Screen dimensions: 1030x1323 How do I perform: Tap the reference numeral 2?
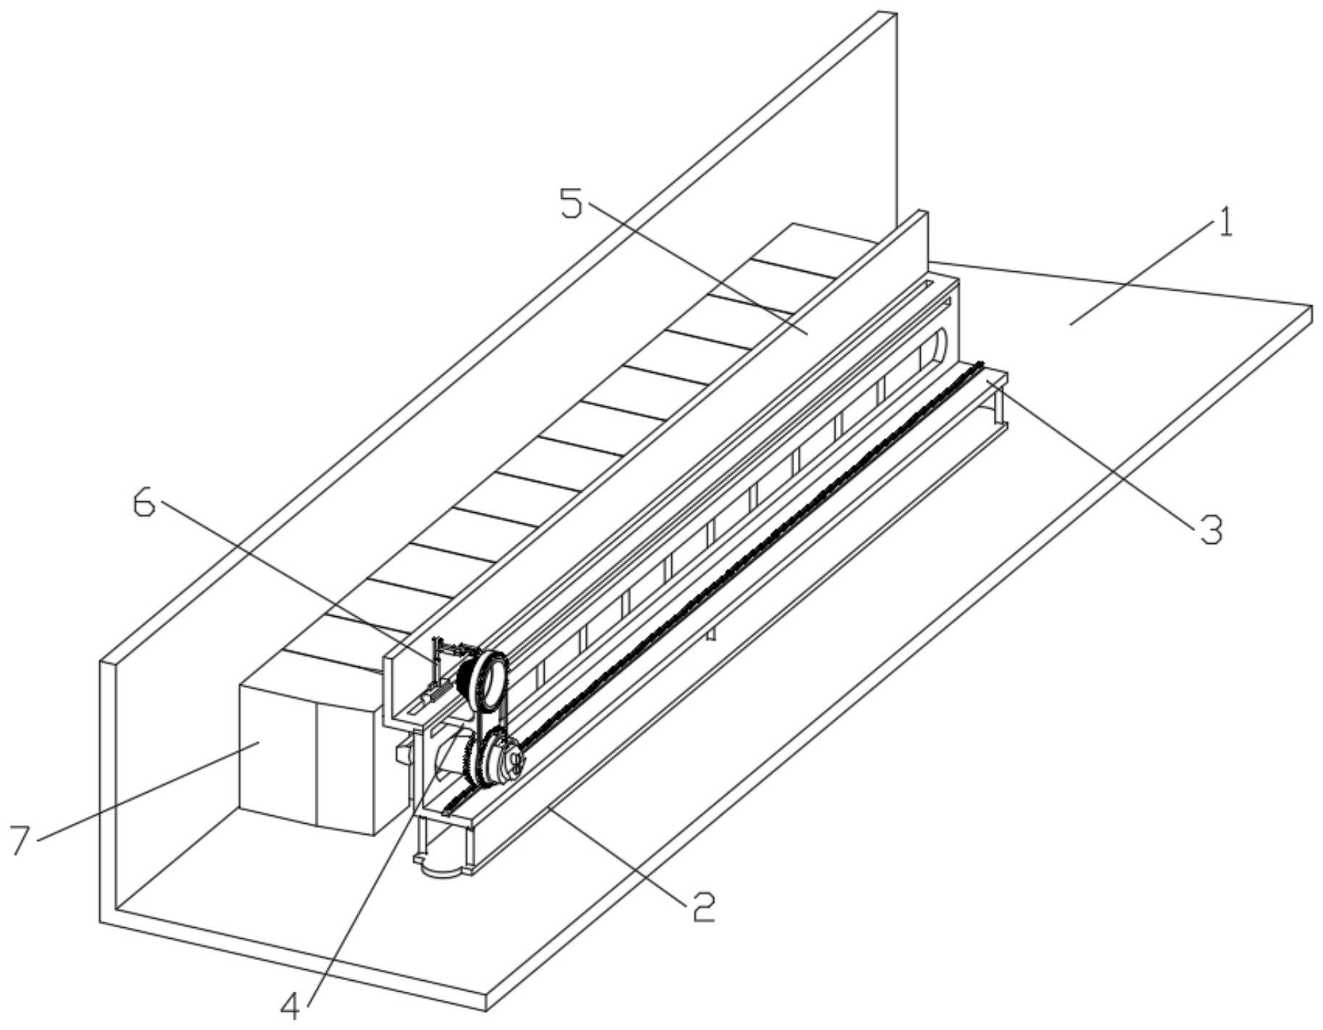[x=694, y=906]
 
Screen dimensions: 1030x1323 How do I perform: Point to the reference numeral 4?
[x=291, y=1005]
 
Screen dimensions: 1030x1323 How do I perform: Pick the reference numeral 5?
[x=571, y=205]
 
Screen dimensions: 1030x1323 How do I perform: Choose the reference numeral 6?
[x=144, y=504]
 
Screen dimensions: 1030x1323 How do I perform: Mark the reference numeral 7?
[x=22, y=840]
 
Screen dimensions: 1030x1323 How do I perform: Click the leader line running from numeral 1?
[x=1143, y=274]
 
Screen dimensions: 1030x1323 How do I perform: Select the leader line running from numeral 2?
[x=615, y=854]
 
